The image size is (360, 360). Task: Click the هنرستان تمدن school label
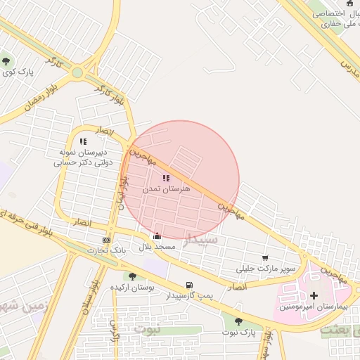click(167, 190)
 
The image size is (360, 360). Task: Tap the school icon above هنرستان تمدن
click(166, 179)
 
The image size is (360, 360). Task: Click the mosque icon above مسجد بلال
click(156, 237)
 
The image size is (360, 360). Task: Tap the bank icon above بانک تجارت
click(107, 239)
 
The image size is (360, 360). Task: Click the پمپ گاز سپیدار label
click(187, 296)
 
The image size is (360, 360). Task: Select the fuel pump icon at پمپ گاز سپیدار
click(188, 285)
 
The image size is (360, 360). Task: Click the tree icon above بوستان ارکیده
click(132, 276)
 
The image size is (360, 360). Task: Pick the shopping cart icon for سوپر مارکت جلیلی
click(265, 258)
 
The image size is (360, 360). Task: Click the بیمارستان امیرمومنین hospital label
click(314, 307)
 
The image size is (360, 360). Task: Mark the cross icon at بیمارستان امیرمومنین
click(314, 295)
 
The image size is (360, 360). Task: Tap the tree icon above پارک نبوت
click(238, 321)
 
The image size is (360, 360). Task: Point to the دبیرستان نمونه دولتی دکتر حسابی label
click(82, 157)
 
